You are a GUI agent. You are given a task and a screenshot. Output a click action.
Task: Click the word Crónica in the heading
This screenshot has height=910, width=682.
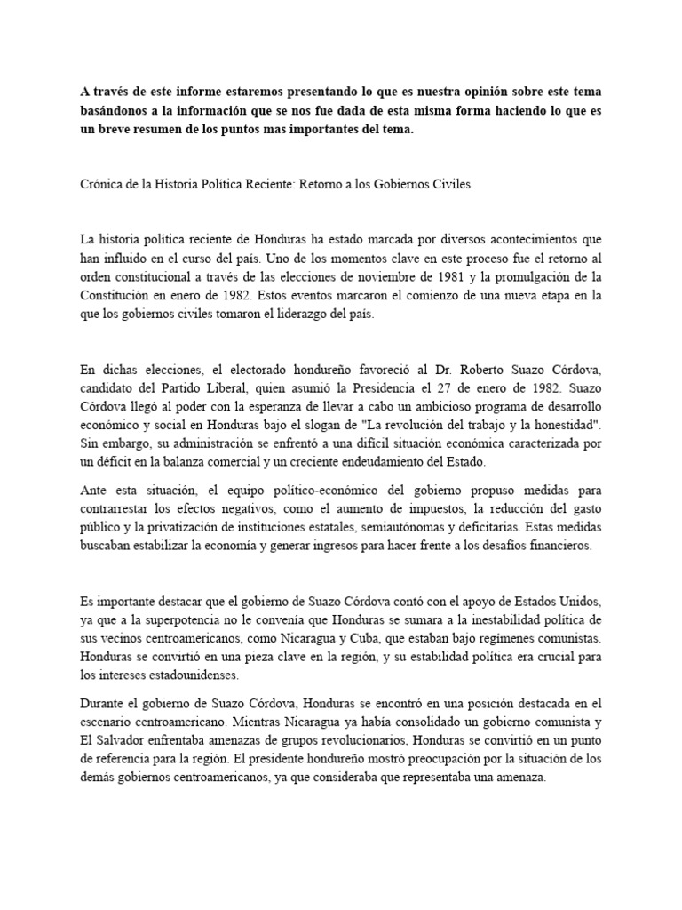pos(102,185)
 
